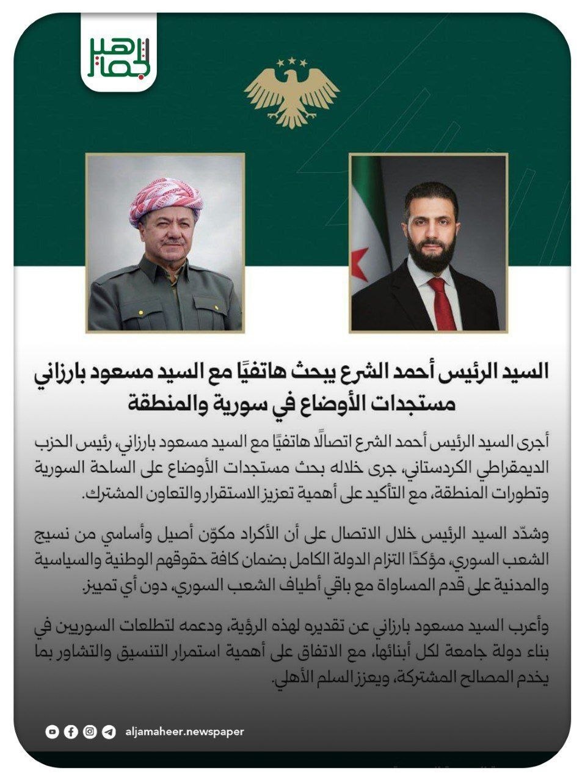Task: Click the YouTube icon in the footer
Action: point(53,731)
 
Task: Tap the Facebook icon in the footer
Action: point(71,731)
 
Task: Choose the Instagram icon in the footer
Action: point(90,731)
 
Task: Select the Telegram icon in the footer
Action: point(109,731)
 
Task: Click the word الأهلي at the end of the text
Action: point(290,678)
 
